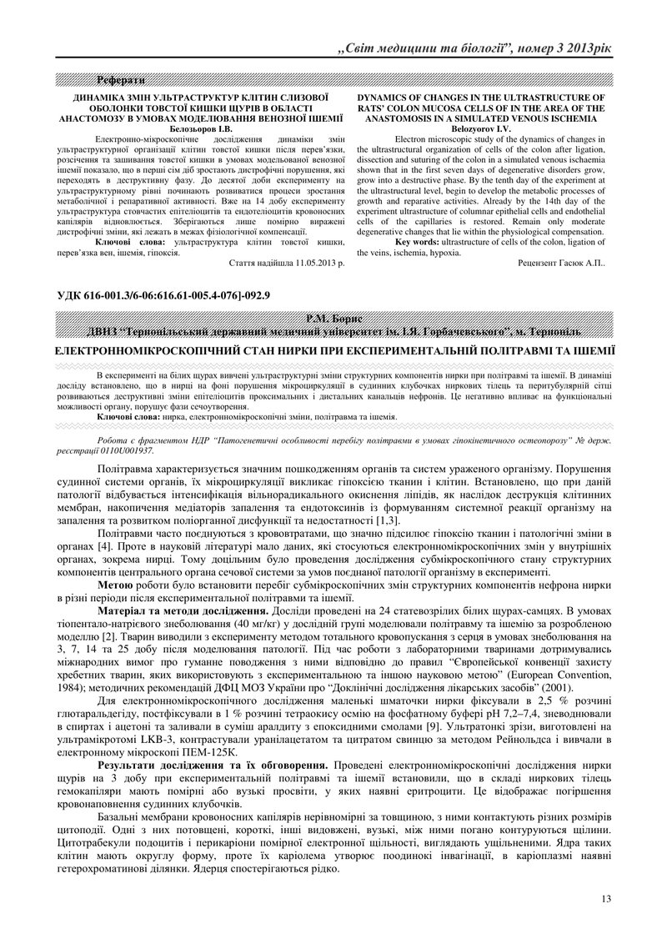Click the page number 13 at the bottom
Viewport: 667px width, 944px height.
coord(605,898)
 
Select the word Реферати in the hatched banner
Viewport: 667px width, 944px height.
coord(122,80)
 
